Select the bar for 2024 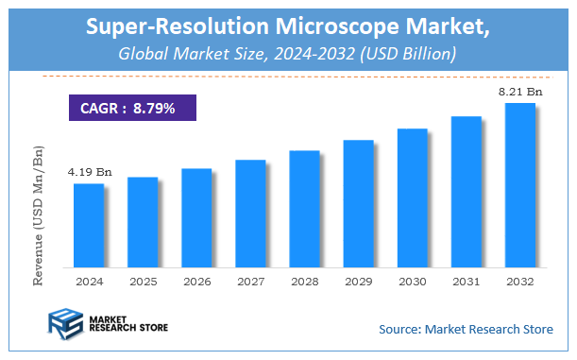coord(89,225)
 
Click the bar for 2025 coord(143,221)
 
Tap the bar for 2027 coord(250,213)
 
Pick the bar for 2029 coord(358,202)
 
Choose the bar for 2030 coord(413,197)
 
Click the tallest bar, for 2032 coord(520,184)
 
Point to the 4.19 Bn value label coord(88,173)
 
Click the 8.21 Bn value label coord(520,92)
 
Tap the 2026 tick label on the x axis coord(196,282)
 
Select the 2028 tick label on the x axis coord(304,282)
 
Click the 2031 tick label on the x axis coord(467,282)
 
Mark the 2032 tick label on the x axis coord(520,282)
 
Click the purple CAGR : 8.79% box coord(133,108)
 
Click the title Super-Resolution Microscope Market coord(288,28)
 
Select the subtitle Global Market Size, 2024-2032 coord(288,55)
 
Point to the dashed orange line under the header coord(288,76)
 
